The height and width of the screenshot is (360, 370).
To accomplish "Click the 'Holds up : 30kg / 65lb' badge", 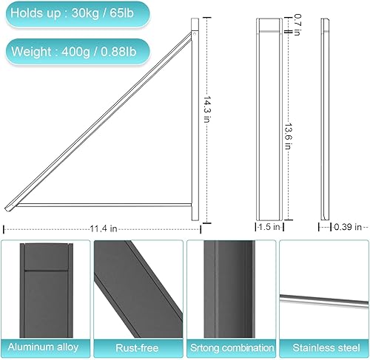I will [x=75, y=14].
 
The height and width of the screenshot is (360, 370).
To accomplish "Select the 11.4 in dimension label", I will [x=103, y=229].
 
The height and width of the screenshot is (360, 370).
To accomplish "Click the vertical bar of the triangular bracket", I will [x=195, y=118].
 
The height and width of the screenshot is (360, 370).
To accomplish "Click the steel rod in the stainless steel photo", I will [x=323, y=299].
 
